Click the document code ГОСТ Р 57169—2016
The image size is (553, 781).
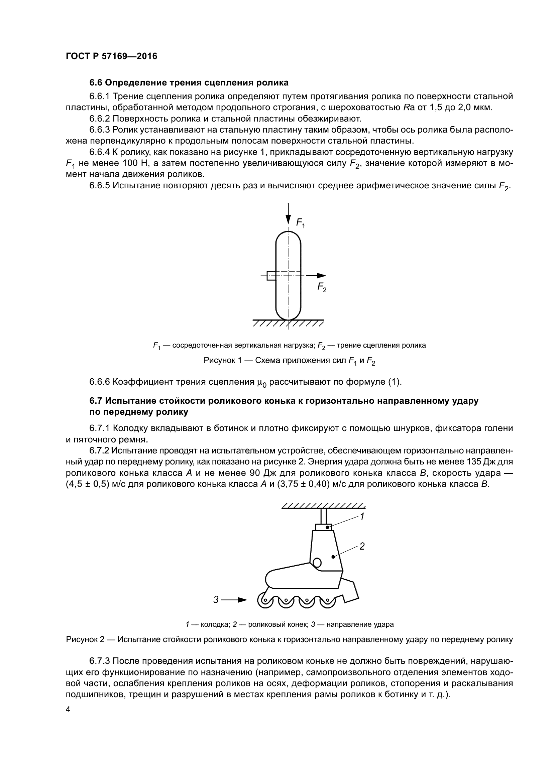click(x=111, y=56)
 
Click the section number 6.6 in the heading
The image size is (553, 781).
click(x=96, y=83)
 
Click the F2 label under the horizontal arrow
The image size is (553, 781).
click(x=322, y=287)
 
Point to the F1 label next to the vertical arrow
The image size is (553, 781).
click(x=300, y=223)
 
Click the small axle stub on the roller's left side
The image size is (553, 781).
click(x=271, y=275)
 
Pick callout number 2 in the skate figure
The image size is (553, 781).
click(x=362, y=546)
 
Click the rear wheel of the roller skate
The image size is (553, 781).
click(x=328, y=601)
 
